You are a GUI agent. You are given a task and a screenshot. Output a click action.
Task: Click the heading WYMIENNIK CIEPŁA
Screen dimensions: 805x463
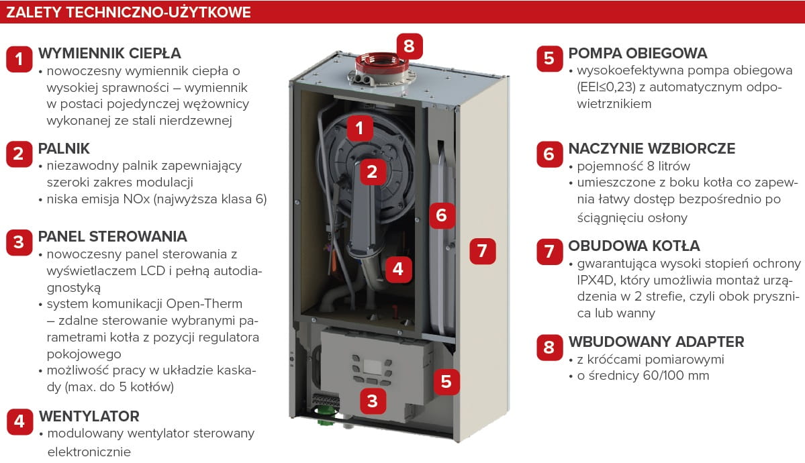coord(109,54)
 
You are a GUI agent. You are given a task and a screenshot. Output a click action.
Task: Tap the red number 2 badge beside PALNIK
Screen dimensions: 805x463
coord(19,154)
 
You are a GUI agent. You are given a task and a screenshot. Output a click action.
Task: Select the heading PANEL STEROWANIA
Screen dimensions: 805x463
coord(112,237)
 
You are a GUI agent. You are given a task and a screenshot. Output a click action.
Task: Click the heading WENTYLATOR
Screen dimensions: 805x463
coord(89,416)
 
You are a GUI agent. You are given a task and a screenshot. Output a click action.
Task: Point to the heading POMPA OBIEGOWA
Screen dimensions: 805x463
coord(638,54)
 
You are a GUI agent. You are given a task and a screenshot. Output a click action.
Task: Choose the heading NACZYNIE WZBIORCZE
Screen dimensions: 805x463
coord(651,149)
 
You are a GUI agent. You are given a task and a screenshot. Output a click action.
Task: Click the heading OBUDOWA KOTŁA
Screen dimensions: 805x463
coord(634,246)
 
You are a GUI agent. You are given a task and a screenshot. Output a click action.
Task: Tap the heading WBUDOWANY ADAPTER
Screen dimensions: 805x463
coord(656,342)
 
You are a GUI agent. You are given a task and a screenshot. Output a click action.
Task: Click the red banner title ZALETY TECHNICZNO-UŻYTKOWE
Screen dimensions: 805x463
coord(128,12)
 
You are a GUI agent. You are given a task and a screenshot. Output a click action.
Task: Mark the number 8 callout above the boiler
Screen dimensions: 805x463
coord(409,46)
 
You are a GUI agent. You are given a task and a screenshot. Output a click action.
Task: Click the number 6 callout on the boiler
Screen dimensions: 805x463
coord(442,215)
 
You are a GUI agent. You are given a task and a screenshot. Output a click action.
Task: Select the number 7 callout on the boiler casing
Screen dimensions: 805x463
coord(482,251)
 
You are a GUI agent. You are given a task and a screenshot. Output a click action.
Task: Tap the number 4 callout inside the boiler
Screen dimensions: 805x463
coord(398,269)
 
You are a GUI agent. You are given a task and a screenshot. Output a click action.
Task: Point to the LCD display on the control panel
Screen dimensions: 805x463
coord(372,367)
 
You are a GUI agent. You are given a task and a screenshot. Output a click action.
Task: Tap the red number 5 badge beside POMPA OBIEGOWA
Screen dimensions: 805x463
coord(549,58)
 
